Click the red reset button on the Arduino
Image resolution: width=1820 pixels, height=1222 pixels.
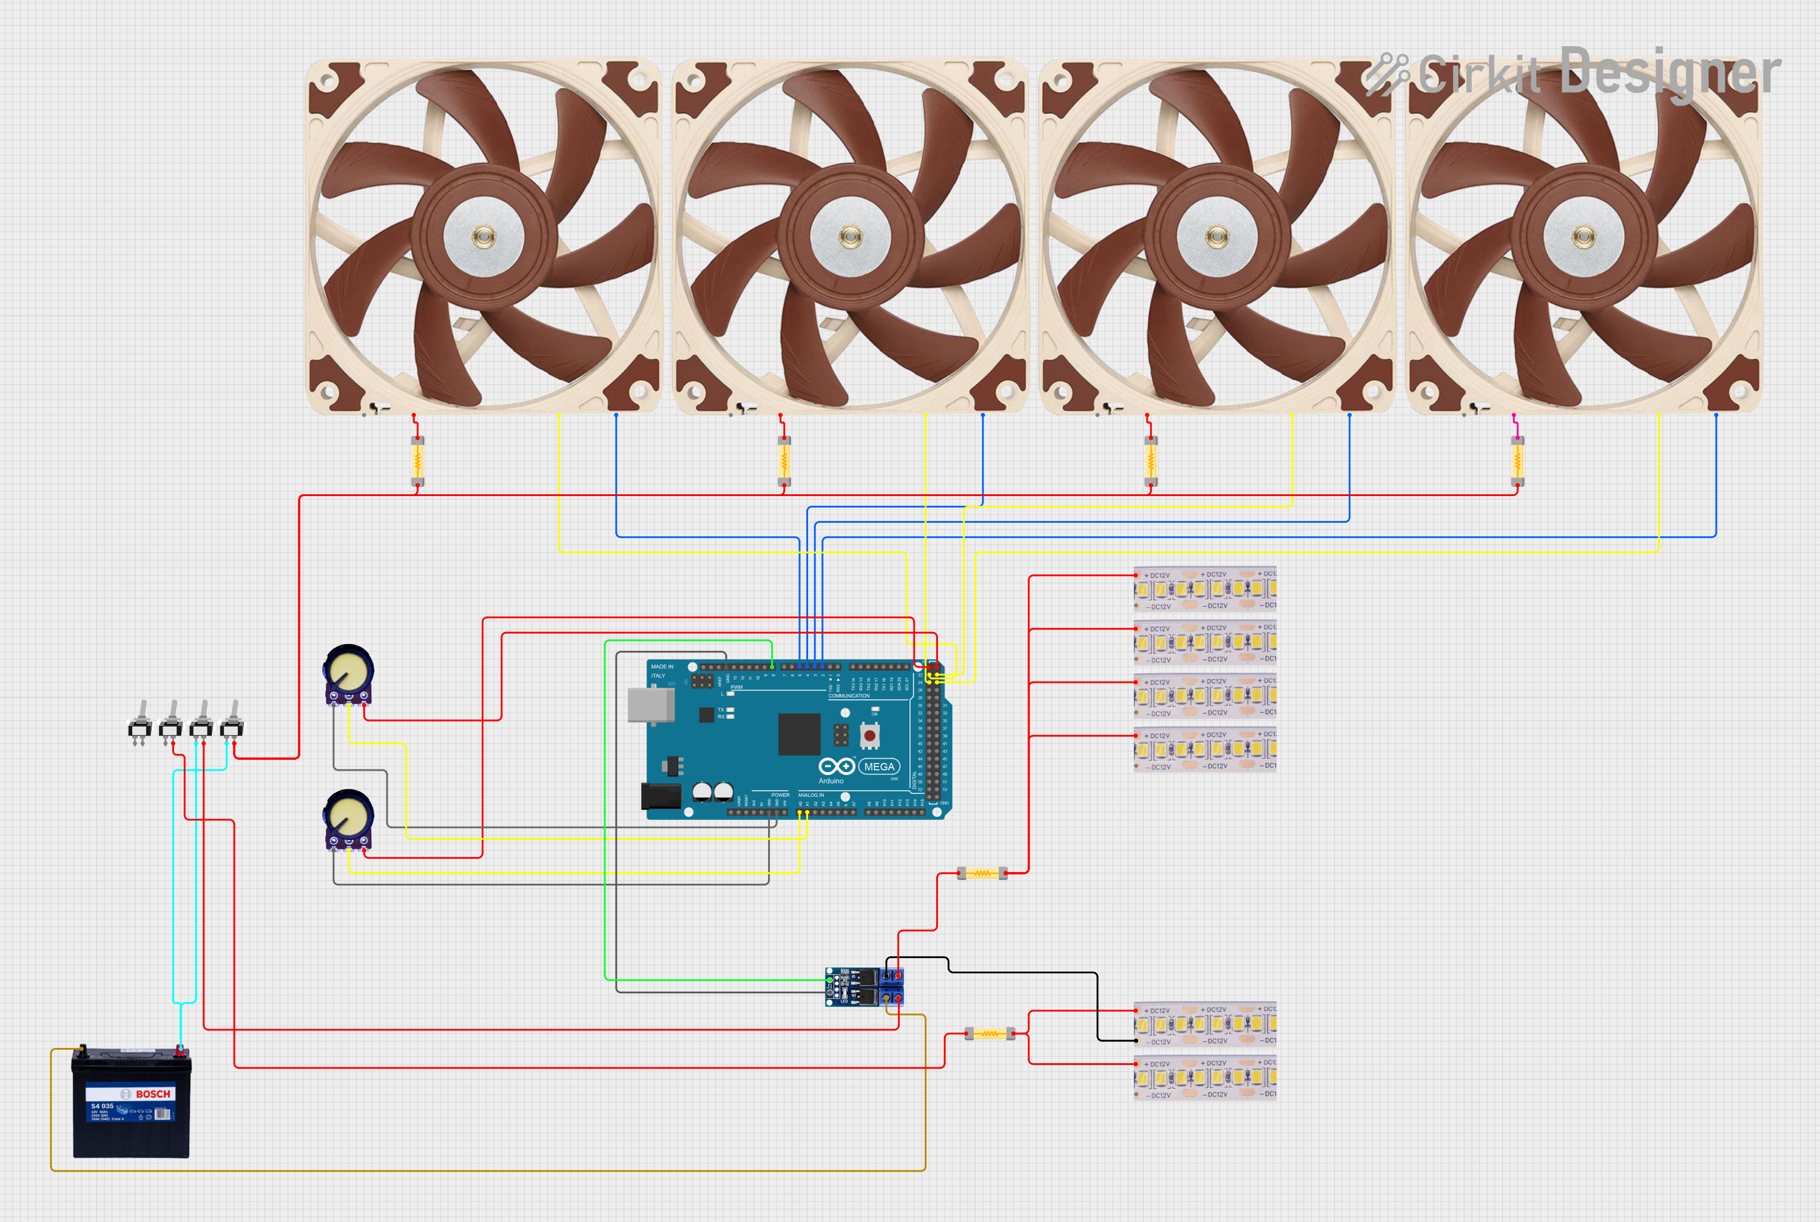pos(869,735)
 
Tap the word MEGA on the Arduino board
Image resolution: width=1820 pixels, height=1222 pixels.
pos(878,767)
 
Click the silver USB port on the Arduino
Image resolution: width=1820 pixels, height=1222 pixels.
pos(651,705)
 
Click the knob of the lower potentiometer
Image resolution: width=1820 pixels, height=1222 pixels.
pos(348,814)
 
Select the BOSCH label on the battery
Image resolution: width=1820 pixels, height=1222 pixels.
pos(153,1094)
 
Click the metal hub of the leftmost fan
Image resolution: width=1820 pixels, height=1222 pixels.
pos(484,235)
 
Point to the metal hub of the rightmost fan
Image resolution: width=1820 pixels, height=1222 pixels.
pos(1583,235)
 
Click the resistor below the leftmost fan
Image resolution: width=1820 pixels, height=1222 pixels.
pos(418,462)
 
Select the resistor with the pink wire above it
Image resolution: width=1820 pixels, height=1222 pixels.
pos(1517,462)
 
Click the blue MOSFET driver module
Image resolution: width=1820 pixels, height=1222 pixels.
pos(864,987)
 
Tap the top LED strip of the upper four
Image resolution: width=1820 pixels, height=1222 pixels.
pos(1204,589)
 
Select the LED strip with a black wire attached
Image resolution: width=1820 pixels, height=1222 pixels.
pos(1204,1025)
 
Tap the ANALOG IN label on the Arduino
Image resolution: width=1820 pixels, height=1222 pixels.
pos(811,795)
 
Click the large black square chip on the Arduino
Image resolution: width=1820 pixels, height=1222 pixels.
pos(799,733)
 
